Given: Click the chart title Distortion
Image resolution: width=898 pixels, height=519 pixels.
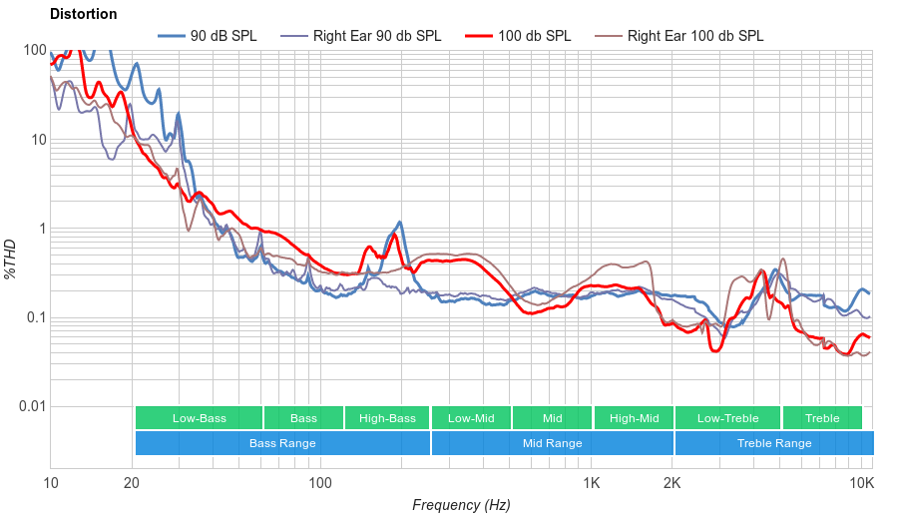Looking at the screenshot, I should pyautogui.click(x=83, y=14).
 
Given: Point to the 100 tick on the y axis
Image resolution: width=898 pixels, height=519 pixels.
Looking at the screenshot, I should pyautogui.click(x=34, y=51).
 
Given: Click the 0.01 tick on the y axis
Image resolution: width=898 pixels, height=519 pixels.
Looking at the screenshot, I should pyautogui.click(x=30, y=407).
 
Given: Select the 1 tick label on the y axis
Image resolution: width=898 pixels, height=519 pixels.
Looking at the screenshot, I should pyautogui.click(x=41, y=229).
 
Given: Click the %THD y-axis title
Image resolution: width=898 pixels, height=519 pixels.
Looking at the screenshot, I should pyautogui.click(x=11, y=259).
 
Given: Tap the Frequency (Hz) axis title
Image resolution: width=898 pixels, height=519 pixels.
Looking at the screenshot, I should pyautogui.click(x=461, y=505).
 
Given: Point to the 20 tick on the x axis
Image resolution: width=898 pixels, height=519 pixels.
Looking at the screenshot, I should pyautogui.click(x=132, y=483).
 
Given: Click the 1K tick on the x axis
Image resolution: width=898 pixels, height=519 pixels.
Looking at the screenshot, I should pyautogui.click(x=591, y=483).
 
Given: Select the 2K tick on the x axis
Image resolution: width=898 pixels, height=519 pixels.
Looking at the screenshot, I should pyautogui.click(x=673, y=483).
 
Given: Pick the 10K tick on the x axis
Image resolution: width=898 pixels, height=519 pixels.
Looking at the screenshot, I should pyautogui.click(x=861, y=483).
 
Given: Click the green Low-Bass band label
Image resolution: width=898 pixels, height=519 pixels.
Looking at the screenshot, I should pyautogui.click(x=199, y=418).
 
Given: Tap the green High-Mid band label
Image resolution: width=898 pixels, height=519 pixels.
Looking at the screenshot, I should pyautogui.click(x=634, y=418).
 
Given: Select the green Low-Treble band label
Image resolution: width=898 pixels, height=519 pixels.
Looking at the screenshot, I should pyautogui.click(x=727, y=418).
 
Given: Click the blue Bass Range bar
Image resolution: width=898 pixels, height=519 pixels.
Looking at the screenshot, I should pyautogui.click(x=282, y=443).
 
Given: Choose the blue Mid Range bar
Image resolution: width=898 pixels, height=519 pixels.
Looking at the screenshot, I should pyautogui.click(x=552, y=443).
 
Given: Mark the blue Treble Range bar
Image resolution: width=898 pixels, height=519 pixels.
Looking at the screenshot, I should pyautogui.click(x=773, y=443).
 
